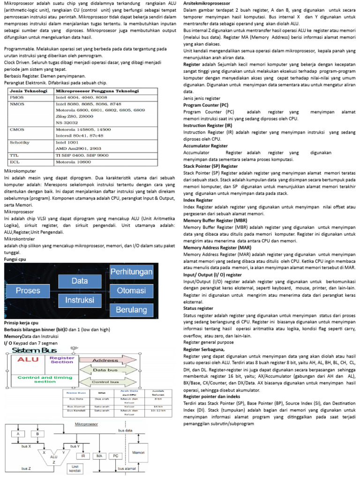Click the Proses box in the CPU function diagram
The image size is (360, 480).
pos(28,291)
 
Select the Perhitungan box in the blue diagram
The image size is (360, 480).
pos(132,272)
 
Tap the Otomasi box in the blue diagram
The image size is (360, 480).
pos(132,291)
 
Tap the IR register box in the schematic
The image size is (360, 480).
pos(83,455)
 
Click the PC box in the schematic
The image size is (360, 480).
pos(115,455)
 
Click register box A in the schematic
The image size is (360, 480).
pos(18,434)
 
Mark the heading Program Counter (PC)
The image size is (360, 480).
pos(206,105)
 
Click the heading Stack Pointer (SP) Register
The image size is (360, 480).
pos(210,166)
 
